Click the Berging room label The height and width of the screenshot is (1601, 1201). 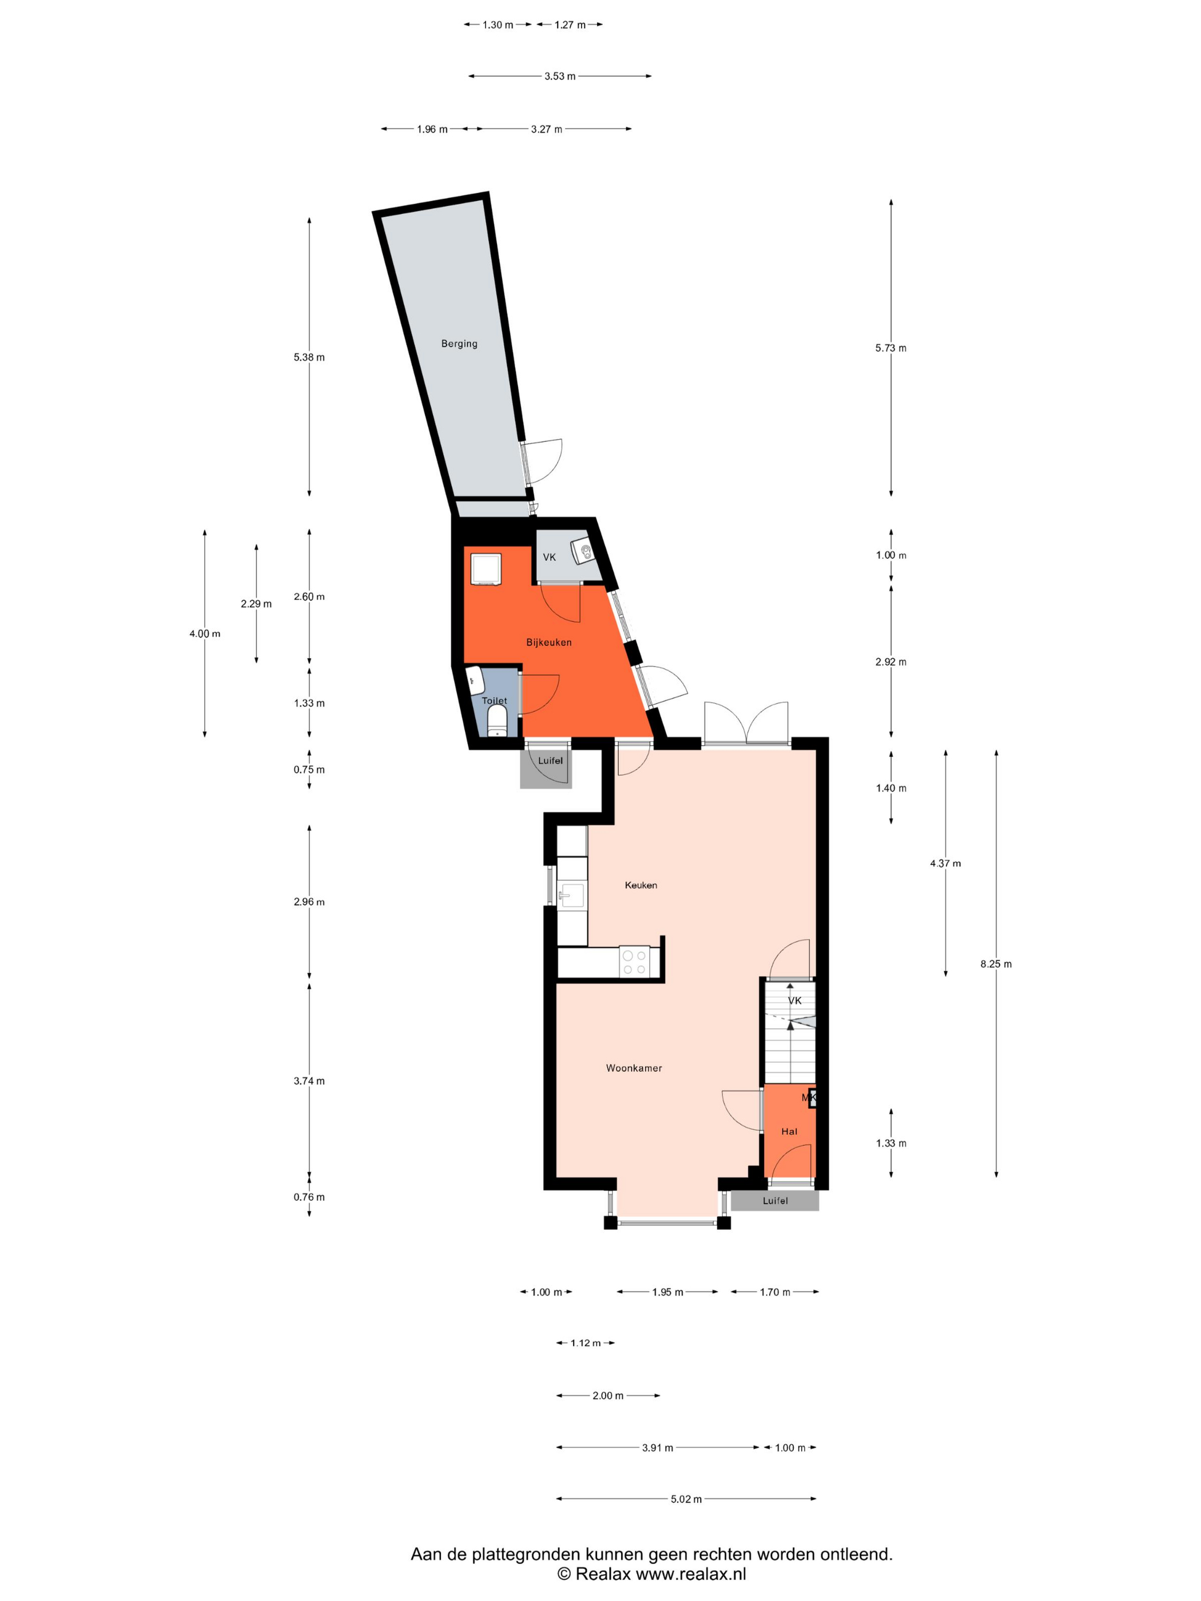tap(459, 344)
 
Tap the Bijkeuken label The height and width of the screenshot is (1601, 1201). tap(548, 642)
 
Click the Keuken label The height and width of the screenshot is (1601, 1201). tap(641, 885)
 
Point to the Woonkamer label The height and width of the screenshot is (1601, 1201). tap(634, 1068)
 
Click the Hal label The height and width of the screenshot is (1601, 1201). tap(789, 1131)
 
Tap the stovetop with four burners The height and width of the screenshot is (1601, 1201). tap(634, 962)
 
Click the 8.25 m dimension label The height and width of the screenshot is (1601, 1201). tap(996, 963)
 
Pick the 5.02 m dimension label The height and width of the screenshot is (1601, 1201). tap(686, 1499)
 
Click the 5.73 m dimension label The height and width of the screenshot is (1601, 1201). tap(890, 348)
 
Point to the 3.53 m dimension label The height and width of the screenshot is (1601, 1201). tap(559, 76)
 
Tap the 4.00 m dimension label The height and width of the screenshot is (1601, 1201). tap(205, 634)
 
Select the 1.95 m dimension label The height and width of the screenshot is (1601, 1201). tap(667, 1292)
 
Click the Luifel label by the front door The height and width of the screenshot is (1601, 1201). tap(774, 1200)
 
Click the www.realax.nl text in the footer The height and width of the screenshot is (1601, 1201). tap(691, 1574)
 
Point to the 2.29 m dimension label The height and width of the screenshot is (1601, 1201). tap(256, 604)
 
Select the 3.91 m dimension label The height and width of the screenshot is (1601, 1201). tap(657, 1448)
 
